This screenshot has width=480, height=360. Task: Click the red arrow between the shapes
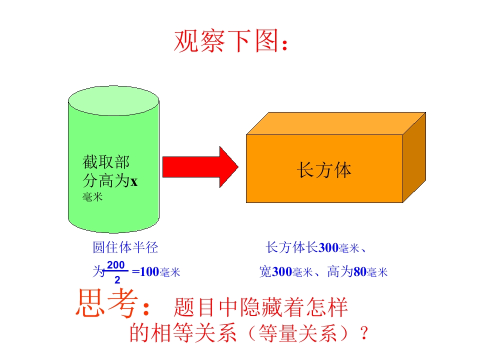[200, 167]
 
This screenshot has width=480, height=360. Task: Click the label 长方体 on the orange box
[324, 170]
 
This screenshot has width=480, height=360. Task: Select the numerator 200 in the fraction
[115, 265]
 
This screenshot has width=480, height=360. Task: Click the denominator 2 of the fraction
[117, 280]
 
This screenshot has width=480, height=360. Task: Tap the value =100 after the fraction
[145, 272]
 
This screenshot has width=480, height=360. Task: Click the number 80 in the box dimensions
[360, 272]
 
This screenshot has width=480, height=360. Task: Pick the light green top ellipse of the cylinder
[113, 100]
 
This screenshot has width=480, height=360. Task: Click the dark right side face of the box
[414, 157]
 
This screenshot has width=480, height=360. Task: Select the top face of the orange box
[336, 123]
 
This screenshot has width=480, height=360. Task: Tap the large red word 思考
[106, 303]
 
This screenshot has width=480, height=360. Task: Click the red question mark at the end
[364, 333]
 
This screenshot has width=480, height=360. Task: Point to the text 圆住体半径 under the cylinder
[125, 247]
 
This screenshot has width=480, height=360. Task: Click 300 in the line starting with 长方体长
[328, 247]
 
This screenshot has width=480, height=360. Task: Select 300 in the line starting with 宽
[282, 272]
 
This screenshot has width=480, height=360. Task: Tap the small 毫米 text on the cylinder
[92, 197]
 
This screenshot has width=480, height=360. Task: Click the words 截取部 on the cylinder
[106, 162]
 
